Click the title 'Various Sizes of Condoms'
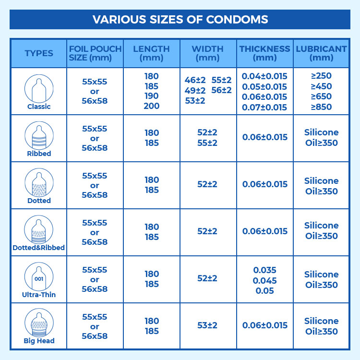tap(180, 20)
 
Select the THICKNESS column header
tap(265, 53)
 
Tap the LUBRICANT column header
tap(321, 53)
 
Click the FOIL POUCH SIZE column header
tap(95, 53)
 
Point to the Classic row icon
tap(39, 88)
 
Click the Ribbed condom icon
tap(39, 135)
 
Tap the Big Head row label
tap(39, 341)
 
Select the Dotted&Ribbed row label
tap(39, 248)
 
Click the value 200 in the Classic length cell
tap(151, 106)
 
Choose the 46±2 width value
tap(195, 80)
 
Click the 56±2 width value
tap(221, 90)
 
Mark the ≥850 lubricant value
tap(321, 107)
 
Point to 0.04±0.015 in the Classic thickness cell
tap(264, 76)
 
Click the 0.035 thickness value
tap(265, 270)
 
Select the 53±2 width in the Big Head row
tap(207, 325)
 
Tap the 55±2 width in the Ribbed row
tap(207, 143)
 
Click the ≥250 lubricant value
tap(321, 75)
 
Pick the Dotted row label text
tap(39, 201)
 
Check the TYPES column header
tap(39, 53)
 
